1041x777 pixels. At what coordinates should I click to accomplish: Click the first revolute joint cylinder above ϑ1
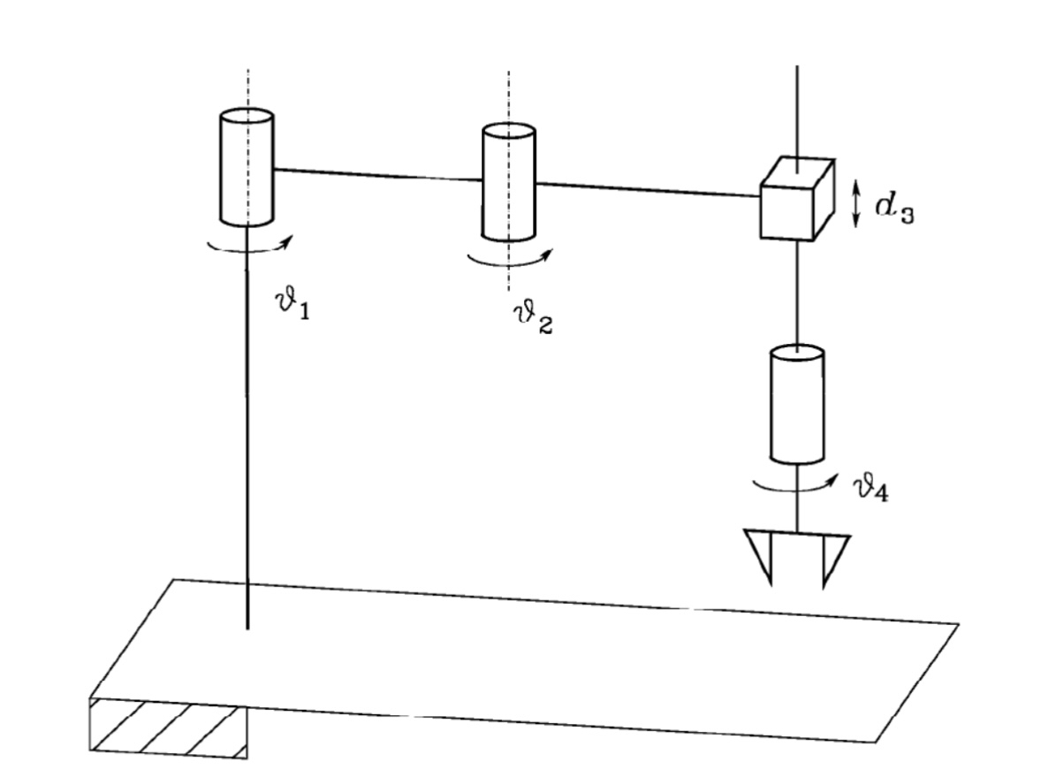point(247,168)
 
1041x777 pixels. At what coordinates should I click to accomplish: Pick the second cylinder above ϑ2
point(508,183)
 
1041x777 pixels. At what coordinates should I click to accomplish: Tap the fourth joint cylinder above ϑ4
point(797,405)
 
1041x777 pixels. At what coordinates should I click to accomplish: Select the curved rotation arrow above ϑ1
point(248,248)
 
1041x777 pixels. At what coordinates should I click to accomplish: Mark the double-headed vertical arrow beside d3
point(855,204)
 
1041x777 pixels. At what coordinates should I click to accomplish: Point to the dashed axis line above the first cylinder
point(247,88)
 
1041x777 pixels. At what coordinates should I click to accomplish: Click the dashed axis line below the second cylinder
point(509,275)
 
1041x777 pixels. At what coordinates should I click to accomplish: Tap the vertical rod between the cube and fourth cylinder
point(797,293)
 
